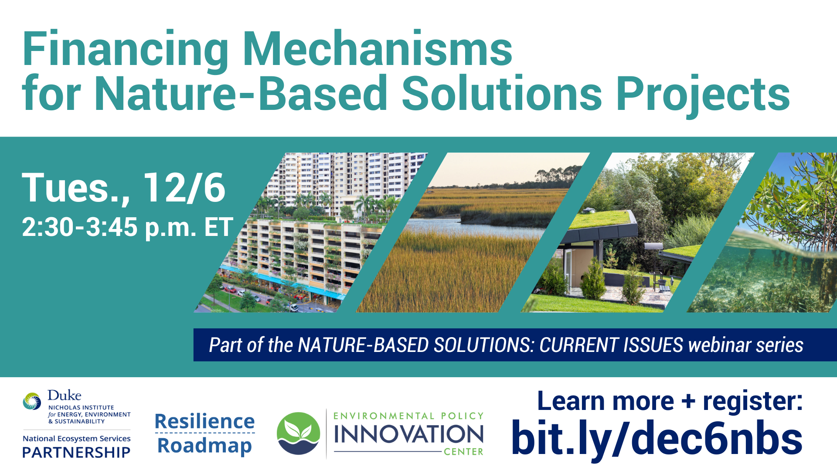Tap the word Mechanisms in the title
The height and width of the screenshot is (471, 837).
(378, 49)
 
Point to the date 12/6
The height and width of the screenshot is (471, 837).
(184, 188)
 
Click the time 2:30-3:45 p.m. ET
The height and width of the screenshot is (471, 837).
(127, 227)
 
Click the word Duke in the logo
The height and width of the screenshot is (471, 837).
(65, 396)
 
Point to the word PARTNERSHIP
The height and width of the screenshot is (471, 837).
(76, 452)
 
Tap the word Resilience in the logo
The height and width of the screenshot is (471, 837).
(204, 421)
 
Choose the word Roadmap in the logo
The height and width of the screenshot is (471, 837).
(204, 446)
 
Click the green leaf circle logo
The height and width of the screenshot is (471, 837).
(299, 433)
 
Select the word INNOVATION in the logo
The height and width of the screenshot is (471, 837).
(408, 434)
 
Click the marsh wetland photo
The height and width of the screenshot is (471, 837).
(473, 232)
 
